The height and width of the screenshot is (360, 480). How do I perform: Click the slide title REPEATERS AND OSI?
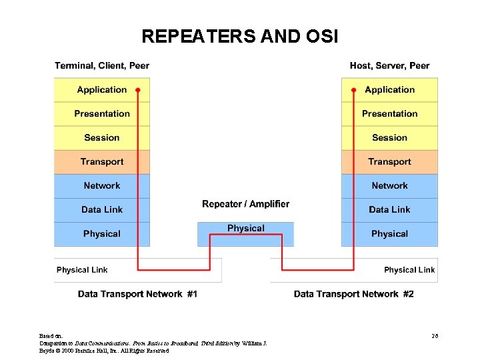240,36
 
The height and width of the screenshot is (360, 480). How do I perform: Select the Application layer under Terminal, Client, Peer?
101,90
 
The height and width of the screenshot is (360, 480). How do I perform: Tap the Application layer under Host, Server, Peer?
389,90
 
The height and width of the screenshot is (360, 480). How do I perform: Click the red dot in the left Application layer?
138,89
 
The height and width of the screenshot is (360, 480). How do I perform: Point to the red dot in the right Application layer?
353,89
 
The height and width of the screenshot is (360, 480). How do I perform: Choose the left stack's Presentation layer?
101,114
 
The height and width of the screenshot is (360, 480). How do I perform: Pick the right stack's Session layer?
389,138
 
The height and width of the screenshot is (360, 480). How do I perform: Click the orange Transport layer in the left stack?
101,162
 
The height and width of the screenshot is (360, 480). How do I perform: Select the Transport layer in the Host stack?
389,162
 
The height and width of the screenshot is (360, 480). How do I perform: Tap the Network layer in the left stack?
101,186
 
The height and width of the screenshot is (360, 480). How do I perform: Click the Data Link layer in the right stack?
389,210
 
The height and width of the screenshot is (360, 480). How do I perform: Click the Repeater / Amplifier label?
245,204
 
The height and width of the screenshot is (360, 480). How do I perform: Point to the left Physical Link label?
82,270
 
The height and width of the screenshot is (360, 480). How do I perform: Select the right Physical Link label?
409,270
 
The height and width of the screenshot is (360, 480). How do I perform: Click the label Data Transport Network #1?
137,294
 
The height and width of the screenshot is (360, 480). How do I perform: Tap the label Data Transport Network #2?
353,294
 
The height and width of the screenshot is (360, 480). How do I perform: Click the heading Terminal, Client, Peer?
102,65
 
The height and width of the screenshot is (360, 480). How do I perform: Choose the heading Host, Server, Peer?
389,65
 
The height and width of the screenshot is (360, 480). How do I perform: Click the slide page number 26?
435,335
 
